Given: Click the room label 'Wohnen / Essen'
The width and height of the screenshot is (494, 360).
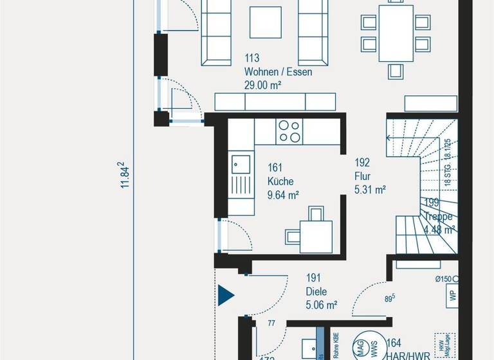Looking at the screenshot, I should point(278,72).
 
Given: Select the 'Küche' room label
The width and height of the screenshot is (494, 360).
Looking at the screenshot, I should point(280,181).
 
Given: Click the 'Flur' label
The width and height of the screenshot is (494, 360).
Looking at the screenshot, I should point(362,176).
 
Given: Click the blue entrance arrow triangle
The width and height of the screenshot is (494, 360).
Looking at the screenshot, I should point(225,295).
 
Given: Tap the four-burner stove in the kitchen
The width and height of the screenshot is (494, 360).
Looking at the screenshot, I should point(288,131).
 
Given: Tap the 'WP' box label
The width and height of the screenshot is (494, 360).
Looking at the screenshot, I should point(453,295).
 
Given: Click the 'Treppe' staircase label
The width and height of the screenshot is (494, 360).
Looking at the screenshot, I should point(439,216).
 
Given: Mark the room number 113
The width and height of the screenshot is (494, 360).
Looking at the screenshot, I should point(252,59).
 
